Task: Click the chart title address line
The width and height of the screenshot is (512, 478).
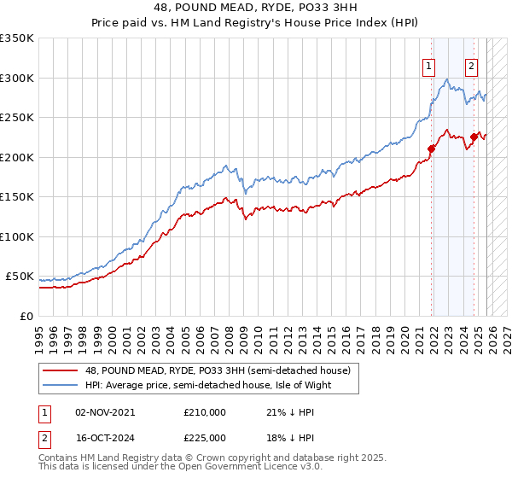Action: pyautogui.click(x=256, y=8)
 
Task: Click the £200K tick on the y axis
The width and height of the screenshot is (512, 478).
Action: pyautogui.click(x=17, y=157)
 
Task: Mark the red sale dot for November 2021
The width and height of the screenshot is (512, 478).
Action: pyautogui.click(x=431, y=149)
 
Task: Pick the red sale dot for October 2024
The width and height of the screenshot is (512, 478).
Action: pyautogui.click(x=474, y=137)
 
